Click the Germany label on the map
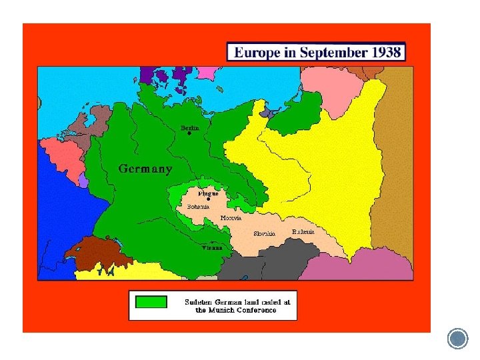pyautogui.click(x=145, y=169)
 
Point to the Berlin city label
pyautogui.click(x=190, y=127)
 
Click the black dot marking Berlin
pyautogui.click(x=189, y=133)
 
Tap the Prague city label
pyautogui.click(x=208, y=193)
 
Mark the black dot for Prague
pyautogui.click(x=209, y=199)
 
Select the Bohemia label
pyautogui.click(x=198, y=207)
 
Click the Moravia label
pyautogui.click(x=231, y=218)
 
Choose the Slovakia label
pyautogui.click(x=264, y=233)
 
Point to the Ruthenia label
pyautogui.click(x=303, y=231)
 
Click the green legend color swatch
pyautogui.click(x=151, y=302)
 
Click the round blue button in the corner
pyautogui.click(x=458, y=339)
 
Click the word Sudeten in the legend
pyautogui.click(x=198, y=302)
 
